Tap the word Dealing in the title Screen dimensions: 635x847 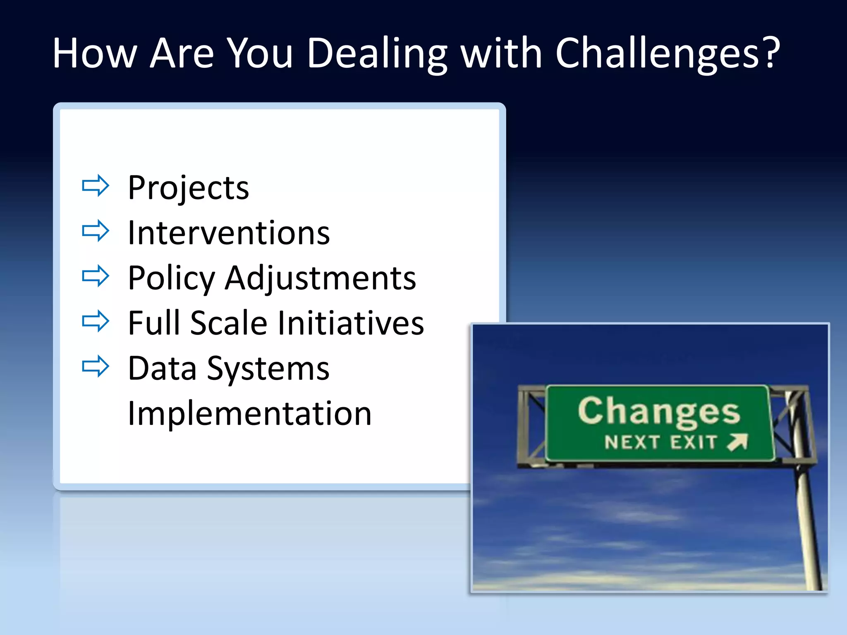[x=377, y=54]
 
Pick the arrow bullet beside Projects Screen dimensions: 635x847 [x=96, y=186]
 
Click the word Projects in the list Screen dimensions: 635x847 [x=188, y=188]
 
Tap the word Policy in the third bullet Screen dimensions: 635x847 [x=171, y=278]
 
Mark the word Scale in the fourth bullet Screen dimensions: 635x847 [x=229, y=323]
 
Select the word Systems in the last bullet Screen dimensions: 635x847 [x=268, y=369]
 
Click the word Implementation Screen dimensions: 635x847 [x=250, y=413]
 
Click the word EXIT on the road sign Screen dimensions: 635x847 [x=694, y=442]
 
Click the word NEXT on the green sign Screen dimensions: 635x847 [x=632, y=442]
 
